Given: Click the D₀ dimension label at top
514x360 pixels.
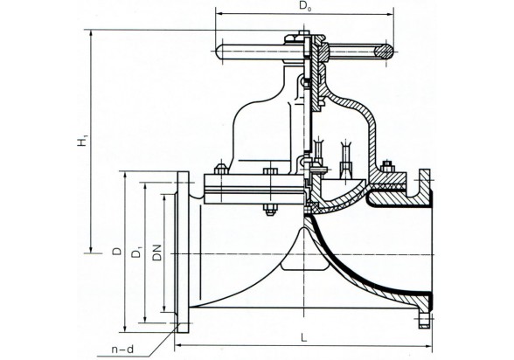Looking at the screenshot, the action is (305, 6).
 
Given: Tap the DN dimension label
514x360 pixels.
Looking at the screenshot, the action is (157, 253).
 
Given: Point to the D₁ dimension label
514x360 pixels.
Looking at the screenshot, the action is (136, 253).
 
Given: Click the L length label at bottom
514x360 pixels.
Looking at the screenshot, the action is (304, 338).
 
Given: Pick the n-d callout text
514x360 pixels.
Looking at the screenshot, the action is (122, 350).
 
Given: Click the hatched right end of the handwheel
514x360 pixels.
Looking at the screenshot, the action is (384, 52).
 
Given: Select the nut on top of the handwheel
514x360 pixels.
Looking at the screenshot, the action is (304, 33).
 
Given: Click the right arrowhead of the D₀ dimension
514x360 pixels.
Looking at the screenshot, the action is (390, 14).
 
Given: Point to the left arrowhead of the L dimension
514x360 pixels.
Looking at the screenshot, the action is (178, 345).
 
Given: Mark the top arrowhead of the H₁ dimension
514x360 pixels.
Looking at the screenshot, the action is (92, 34).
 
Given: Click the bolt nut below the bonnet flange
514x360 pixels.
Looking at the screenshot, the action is (270, 210).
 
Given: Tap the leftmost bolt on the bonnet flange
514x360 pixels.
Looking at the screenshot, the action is (221, 169).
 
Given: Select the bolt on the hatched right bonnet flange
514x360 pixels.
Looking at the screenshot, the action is (388, 166).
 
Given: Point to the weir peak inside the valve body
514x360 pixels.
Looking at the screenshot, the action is (304, 229).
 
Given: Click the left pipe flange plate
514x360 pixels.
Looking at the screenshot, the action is (183, 252).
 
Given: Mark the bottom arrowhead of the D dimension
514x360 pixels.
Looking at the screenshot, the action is (125, 328).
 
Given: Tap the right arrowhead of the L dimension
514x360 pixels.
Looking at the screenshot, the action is (428, 345).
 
